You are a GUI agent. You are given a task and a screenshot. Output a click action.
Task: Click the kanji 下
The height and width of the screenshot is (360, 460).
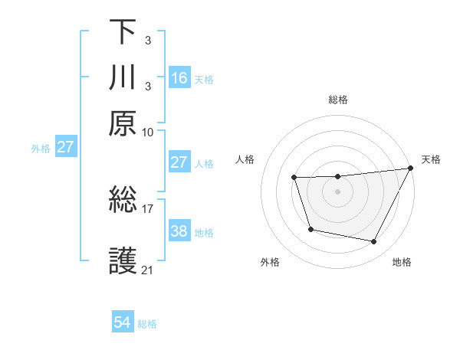(x=123, y=32)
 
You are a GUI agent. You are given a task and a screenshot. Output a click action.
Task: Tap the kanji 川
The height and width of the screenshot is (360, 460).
(x=123, y=77)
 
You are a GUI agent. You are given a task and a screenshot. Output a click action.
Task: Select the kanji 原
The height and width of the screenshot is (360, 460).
(x=123, y=123)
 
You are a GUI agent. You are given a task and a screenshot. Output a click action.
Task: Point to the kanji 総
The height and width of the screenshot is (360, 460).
(x=123, y=201)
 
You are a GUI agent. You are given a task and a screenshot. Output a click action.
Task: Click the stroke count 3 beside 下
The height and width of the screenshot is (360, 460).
(x=147, y=39)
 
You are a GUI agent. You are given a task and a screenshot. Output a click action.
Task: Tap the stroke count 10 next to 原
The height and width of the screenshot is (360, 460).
(x=148, y=131)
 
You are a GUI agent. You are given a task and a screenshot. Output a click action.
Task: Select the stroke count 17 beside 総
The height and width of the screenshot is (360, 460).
(x=148, y=208)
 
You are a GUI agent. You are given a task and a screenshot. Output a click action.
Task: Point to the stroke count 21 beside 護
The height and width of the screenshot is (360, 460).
(x=148, y=270)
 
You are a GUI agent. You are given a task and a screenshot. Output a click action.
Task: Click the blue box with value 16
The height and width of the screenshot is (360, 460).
(x=179, y=77)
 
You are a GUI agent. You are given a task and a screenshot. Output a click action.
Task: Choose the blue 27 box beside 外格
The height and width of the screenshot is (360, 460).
(x=65, y=147)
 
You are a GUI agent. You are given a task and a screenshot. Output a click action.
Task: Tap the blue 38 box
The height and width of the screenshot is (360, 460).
(x=179, y=231)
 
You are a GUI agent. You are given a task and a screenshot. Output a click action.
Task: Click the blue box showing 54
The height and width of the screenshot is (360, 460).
(x=123, y=323)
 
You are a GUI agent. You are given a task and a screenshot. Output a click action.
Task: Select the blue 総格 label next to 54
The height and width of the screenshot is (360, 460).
(x=147, y=324)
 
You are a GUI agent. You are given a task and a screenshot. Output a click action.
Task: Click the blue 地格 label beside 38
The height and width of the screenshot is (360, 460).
(x=204, y=232)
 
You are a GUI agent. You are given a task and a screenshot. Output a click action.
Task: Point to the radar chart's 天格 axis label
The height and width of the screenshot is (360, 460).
(x=431, y=159)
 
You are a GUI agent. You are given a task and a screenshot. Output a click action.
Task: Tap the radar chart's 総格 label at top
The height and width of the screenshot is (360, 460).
(x=337, y=100)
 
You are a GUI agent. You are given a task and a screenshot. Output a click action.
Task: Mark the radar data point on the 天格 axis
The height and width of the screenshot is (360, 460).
(x=411, y=169)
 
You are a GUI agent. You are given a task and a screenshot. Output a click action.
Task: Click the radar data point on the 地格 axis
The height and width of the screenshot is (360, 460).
(x=374, y=242)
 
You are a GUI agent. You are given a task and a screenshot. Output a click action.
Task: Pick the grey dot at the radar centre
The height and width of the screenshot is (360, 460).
(x=337, y=192)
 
